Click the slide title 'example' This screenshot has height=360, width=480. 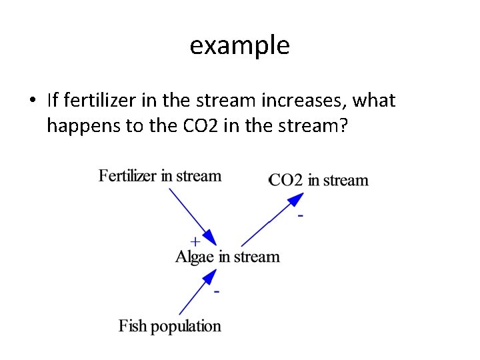click(x=239, y=46)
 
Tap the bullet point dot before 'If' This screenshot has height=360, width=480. click(x=31, y=101)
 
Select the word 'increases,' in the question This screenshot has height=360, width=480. click(x=307, y=101)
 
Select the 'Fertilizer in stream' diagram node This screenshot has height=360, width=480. click(x=160, y=176)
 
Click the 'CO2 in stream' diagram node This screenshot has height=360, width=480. click(x=319, y=180)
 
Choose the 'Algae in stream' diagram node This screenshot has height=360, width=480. click(x=227, y=257)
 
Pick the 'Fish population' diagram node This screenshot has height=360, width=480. click(x=170, y=326)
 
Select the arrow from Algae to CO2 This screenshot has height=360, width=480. click(x=270, y=219)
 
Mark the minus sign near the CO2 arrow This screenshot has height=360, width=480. click(x=301, y=216)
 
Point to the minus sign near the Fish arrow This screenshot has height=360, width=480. click(x=217, y=292)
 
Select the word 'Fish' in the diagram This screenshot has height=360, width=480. click(x=133, y=326)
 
